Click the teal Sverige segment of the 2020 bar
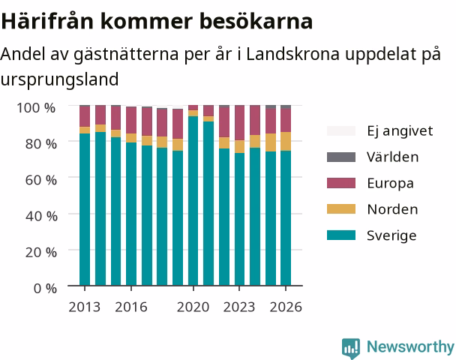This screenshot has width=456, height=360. coord(193,201)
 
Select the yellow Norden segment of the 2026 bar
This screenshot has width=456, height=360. coord(286,141)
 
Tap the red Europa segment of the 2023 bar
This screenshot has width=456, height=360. coord(240,123)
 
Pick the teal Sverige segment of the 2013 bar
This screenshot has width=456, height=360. coord(85,209)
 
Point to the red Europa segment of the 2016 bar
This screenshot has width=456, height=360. coord(131,120)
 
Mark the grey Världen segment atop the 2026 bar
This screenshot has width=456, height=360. coord(286,106)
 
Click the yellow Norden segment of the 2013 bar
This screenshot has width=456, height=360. coord(85,130)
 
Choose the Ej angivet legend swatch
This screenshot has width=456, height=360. coord(341,130)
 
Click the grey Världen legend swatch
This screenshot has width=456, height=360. coord(341,157)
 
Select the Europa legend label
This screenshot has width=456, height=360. coord(390,184)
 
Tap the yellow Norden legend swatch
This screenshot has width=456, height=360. coord(341,209)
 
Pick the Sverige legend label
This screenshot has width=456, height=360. coord(391,235)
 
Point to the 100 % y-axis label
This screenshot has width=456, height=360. coord(36,108)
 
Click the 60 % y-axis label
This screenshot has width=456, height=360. coord(41,180)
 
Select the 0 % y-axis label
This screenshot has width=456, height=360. coord(45,289)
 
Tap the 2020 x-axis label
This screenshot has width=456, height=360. coord(193,307)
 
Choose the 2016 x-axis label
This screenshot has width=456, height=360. coord(131,307)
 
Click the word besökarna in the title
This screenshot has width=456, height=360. coord(256,21)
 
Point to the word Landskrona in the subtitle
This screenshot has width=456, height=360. coord(292,54)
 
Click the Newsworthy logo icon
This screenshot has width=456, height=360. coord(351,348)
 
